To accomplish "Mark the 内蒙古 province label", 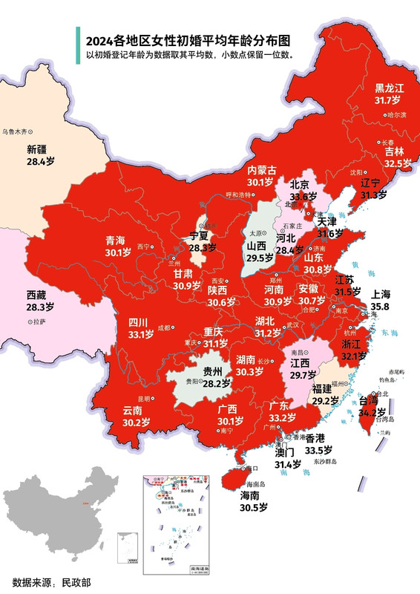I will [x=261, y=170].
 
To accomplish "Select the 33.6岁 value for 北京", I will [x=303, y=197].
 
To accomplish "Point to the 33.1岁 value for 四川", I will [x=140, y=334].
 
